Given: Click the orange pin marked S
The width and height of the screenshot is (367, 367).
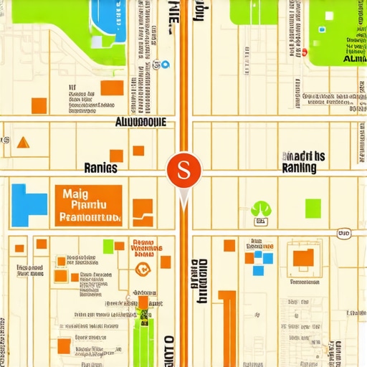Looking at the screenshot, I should click(x=184, y=171).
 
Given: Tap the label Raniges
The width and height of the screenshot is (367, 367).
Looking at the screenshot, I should click(x=100, y=168).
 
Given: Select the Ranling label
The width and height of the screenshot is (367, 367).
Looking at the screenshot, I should click(x=300, y=168).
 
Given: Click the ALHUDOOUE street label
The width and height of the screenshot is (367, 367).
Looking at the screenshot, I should click(x=140, y=122).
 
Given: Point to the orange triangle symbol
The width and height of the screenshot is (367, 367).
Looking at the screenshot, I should click(x=24, y=142).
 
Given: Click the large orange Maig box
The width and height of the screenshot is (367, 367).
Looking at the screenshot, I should click(x=88, y=204).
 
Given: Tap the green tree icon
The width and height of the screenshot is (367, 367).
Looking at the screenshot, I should click(x=261, y=209).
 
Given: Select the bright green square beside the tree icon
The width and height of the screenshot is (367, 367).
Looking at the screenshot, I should click(x=313, y=209).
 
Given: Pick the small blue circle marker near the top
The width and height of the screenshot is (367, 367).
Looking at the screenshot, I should click(x=165, y=65).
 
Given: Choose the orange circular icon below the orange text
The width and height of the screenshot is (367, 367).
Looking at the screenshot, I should click(x=142, y=270).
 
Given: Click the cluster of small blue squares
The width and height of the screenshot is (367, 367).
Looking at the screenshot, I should click(x=263, y=259).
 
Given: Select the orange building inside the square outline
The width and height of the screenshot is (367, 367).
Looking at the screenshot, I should click(x=304, y=257).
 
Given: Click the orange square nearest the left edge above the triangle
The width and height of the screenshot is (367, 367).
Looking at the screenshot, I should click(x=39, y=105).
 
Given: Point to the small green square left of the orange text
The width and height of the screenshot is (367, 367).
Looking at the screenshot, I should click(x=108, y=247).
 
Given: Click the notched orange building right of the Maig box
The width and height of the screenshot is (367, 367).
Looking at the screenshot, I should click(x=143, y=207).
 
